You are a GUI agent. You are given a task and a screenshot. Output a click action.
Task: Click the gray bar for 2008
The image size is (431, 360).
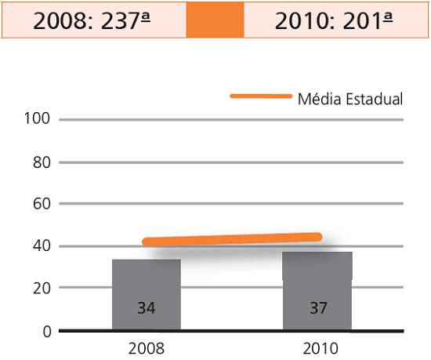pos(147,294)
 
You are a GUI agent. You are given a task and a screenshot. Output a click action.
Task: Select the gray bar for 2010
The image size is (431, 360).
pos(317,291)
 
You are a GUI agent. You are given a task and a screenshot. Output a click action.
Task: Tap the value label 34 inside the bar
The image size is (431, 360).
pos(147,308)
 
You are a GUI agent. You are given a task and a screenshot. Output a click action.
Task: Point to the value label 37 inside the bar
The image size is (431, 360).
pos(318,308)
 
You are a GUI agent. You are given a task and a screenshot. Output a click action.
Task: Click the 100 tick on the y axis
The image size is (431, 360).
pos(37,118)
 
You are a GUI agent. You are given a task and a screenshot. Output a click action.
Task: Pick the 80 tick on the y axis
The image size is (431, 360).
pos(42,162)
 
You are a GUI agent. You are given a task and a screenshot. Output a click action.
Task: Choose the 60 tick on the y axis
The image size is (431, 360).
pos(42,204)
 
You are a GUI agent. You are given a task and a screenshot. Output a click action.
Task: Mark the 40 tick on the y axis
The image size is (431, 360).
pos(42,245)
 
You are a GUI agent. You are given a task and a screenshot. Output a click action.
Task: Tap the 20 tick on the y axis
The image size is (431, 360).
pos(42,289)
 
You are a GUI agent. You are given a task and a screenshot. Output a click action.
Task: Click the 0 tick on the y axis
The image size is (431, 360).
pos(47,332)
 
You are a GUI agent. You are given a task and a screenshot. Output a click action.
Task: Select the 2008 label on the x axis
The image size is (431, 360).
pos(147,349)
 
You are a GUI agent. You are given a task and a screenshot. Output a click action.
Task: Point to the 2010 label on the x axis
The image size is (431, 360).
pos(321,349)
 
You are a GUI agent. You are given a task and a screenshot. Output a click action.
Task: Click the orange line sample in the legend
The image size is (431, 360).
pos(261,96)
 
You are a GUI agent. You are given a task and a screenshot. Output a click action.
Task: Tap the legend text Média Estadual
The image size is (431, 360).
pos(350,99)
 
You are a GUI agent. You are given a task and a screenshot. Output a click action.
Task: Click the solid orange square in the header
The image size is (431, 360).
pos(215,20)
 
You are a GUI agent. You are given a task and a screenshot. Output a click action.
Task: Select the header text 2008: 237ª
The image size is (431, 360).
pos(92,20)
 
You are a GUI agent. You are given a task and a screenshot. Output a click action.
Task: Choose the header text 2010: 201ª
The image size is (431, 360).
pos(334,20)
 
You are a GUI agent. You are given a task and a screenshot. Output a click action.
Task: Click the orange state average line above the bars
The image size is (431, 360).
pos(232,239)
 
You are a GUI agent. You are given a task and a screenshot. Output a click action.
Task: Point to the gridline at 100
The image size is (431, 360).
pos(231,120)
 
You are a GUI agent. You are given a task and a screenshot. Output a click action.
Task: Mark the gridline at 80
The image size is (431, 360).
pos(231,162)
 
